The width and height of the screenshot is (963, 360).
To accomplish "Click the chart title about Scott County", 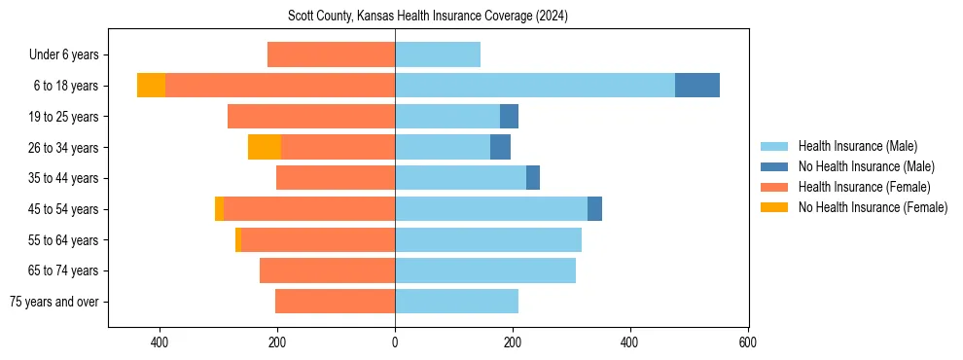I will (428, 17).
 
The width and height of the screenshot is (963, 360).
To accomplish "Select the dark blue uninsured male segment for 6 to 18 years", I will (697, 86).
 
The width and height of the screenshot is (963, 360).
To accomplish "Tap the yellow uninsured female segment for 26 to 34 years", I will (265, 147).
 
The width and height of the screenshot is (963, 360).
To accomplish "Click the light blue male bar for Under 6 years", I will (438, 54).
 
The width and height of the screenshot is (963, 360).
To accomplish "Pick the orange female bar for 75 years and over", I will (335, 302).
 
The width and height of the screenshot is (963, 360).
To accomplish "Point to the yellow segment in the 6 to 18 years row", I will (151, 86).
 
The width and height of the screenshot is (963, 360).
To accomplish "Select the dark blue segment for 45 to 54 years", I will (594, 209).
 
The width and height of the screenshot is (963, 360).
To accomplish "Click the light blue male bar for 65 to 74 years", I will (485, 270).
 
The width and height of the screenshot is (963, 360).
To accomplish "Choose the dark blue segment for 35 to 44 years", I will (533, 178).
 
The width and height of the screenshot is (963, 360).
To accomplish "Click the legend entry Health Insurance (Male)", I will (857, 146).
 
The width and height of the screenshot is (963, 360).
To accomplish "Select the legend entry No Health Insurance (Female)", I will (873, 207).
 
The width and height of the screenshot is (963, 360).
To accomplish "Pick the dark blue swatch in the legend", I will (774, 166).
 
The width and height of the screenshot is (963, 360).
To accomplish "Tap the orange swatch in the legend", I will (774, 187).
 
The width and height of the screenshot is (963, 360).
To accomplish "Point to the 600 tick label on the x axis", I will (748, 342).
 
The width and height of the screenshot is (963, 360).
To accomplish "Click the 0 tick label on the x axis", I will (395, 342).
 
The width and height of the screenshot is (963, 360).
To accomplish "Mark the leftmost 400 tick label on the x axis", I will (160, 342).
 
